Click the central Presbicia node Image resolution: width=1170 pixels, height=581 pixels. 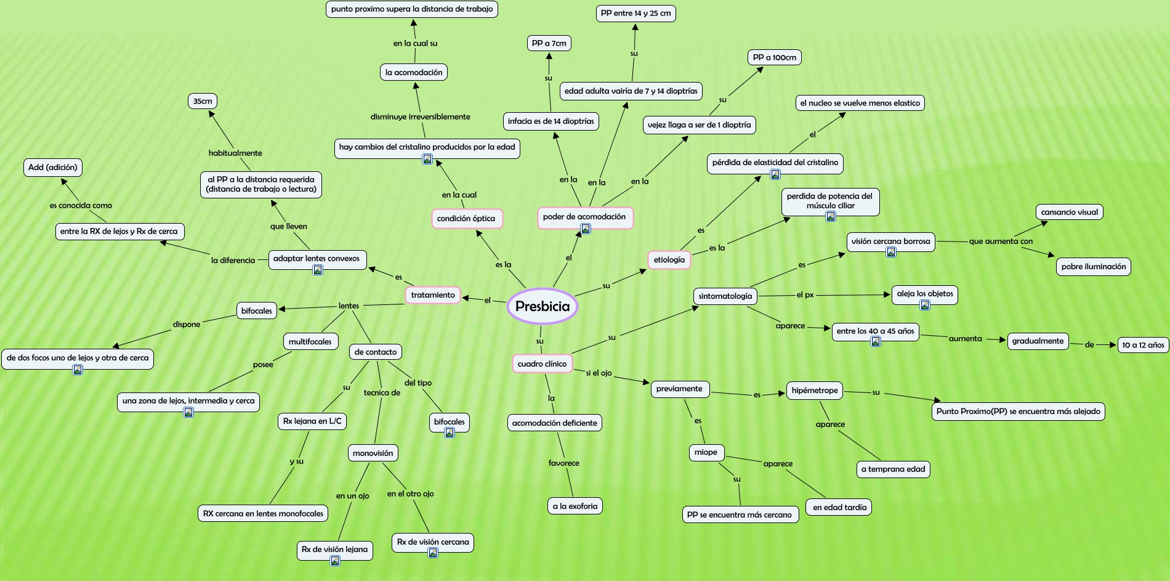click(x=542, y=306)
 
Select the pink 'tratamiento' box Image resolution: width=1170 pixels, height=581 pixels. click(x=433, y=295)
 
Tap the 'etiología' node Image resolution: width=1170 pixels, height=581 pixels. click(x=669, y=260)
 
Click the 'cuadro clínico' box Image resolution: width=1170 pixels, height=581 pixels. click(x=542, y=364)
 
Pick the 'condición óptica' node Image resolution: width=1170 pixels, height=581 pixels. click(x=466, y=219)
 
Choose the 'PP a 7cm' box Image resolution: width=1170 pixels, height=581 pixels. click(x=549, y=43)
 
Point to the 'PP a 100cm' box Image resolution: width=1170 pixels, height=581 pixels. click(x=774, y=57)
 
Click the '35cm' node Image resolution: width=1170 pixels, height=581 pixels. click(x=203, y=101)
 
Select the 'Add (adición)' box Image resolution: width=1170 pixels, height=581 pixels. click(x=53, y=167)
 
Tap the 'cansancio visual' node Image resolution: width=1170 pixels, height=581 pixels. click(x=1069, y=212)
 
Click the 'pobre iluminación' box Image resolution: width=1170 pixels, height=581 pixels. click(x=1093, y=267)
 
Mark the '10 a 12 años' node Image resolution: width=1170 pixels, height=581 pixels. click(x=1142, y=345)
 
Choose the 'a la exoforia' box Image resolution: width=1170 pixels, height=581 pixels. click(x=575, y=506)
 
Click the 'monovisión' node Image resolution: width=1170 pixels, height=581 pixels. click(x=373, y=453)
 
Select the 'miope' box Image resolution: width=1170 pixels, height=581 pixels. click(x=706, y=452)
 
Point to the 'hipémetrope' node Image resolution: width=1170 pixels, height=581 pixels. click(x=814, y=391)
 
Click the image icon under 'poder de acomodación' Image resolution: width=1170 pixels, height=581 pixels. click(x=586, y=229)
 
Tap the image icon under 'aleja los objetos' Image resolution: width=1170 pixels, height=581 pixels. click(x=924, y=305)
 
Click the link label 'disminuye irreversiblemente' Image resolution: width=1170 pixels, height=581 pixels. click(x=420, y=116)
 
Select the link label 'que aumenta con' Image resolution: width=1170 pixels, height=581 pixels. click(x=1001, y=242)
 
